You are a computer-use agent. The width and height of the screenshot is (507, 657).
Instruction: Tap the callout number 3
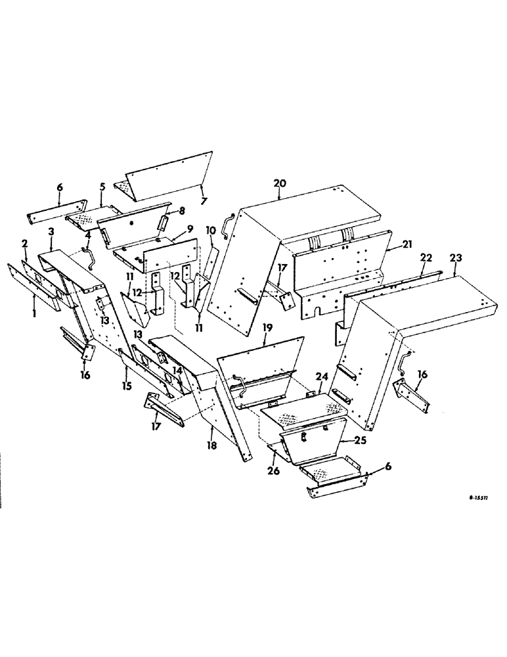[x=52, y=232]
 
